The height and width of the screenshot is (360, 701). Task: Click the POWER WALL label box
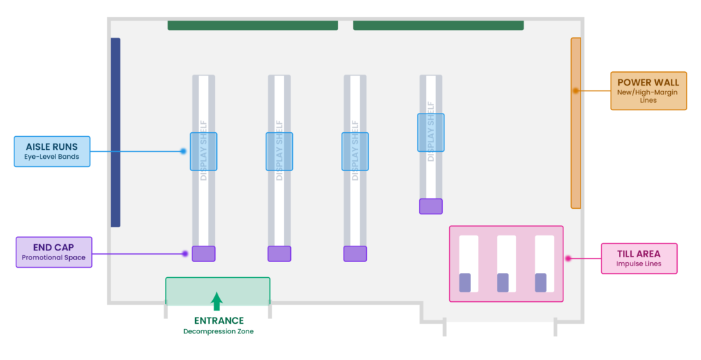(x=648, y=91)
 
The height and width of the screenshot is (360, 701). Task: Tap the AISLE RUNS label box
(x=52, y=152)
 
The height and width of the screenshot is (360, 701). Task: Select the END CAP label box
(x=53, y=253)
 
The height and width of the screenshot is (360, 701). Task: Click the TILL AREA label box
(x=639, y=259)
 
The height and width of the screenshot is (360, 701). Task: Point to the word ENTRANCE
(x=218, y=320)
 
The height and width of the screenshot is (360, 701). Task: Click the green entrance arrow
(x=217, y=301)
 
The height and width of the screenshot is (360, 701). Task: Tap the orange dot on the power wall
(x=576, y=91)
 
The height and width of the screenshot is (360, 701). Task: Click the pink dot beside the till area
(x=568, y=259)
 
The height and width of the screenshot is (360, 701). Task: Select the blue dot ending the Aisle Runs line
(x=183, y=152)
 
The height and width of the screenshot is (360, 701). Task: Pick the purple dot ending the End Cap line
(x=185, y=253)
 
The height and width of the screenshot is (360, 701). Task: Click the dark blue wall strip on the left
(x=115, y=132)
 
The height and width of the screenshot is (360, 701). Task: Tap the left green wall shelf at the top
(x=253, y=25)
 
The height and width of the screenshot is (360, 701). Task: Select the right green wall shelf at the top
(x=438, y=25)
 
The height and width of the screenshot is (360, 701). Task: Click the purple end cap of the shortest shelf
(x=431, y=206)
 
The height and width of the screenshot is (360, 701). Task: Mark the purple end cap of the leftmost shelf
(x=203, y=253)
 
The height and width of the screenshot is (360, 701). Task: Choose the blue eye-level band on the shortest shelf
(x=431, y=132)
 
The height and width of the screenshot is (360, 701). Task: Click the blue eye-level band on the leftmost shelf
(x=203, y=152)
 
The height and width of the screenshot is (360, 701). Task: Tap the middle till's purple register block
(x=503, y=283)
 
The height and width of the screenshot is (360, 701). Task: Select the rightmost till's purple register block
(x=541, y=283)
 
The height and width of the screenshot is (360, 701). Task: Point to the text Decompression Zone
(x=218, y=331)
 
